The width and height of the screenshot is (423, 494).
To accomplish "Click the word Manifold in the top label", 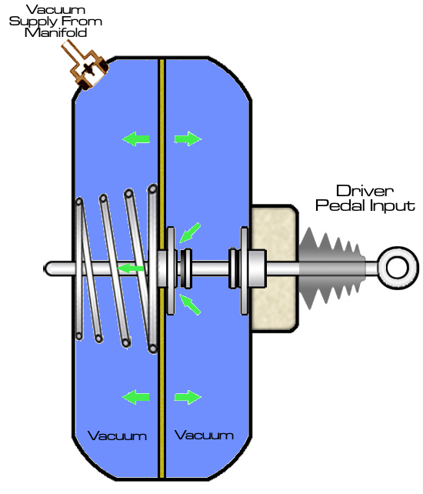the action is [55, 33].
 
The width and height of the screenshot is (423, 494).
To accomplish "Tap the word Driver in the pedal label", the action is [365, 191].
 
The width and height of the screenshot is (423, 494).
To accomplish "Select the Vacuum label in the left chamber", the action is [117, 436].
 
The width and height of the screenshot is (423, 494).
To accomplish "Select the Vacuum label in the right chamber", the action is [204, 435].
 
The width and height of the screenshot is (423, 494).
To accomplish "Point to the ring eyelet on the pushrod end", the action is [398, 268].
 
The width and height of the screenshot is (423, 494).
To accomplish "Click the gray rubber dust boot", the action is [331, 268].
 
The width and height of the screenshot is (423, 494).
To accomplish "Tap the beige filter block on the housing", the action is [274, 269].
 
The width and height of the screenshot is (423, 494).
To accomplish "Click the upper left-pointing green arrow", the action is [136, 139].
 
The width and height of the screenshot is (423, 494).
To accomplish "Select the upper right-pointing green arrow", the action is [188, 139].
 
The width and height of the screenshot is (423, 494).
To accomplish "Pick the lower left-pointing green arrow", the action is [136, 397].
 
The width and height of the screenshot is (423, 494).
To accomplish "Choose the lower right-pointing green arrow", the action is [188, 397].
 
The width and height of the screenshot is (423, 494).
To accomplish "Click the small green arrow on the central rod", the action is [131, 269].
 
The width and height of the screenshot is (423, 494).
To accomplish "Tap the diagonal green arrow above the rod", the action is [190, 232].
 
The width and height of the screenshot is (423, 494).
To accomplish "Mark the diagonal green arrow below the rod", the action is [190, 305].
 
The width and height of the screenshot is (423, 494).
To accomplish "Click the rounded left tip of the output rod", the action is [45, 269].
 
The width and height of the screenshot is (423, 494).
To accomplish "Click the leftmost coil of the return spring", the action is [79, 269].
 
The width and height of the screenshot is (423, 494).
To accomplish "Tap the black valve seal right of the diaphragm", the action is [185, 269].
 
